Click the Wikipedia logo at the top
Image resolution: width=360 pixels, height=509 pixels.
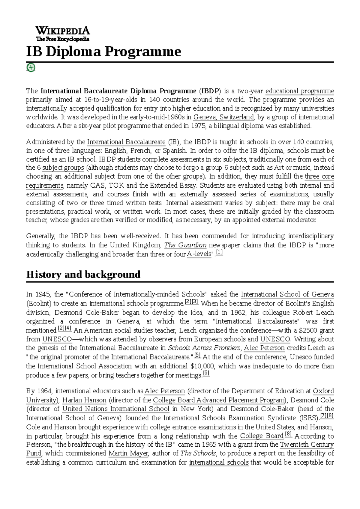coord(62,33)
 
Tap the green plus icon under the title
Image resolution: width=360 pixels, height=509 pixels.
coord(31,67)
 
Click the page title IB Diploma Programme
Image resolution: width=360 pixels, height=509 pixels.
coord(103,52)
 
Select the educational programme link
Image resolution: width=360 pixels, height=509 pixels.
coord(300,91)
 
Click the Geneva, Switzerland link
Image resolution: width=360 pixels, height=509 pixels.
coord(224,117)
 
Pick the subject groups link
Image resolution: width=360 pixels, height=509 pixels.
coord(63,168)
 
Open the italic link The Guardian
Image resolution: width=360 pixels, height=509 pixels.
coord(185,245)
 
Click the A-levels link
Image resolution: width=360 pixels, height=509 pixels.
coord(199,255)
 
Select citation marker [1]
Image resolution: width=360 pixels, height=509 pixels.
coord(219,253)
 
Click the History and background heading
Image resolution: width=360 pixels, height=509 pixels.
coord(83,274)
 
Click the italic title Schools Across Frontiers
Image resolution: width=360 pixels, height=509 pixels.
coord(204,348)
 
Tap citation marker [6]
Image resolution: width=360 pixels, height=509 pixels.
coord(206,373)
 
